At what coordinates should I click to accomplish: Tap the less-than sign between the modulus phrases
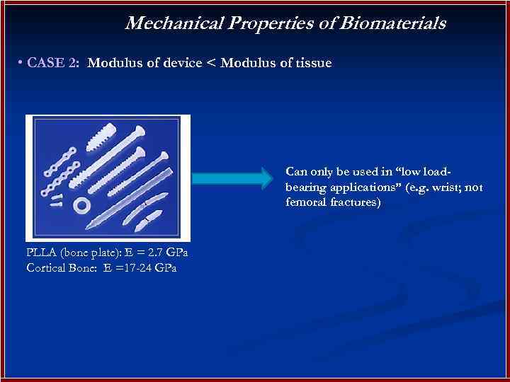click(x=210, y=64)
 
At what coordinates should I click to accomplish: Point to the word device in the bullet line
click(x=180, y=63)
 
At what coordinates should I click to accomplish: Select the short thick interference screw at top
click(x=98, y=135)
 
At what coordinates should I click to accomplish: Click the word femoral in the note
click(x=305, y=202)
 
